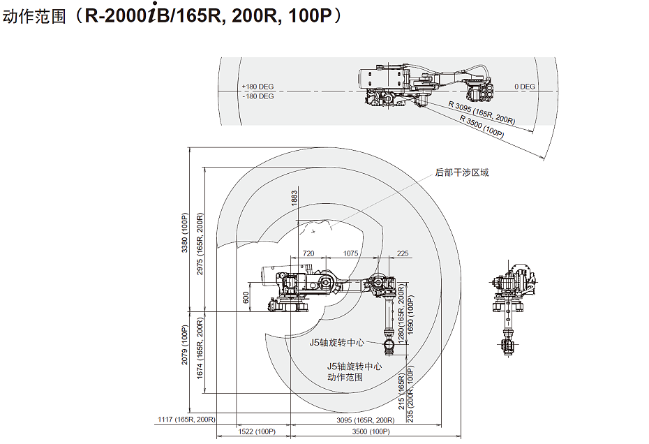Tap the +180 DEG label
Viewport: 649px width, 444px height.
[258, 87]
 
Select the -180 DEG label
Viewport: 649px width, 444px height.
[258, 96]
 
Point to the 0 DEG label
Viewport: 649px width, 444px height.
[525, 87]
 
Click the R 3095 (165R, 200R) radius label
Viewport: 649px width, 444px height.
[482, 112]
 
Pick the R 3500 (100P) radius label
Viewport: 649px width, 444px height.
[482, 126]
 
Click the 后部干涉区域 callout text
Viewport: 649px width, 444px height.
[462, 172]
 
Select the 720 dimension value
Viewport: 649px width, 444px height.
[308, 253]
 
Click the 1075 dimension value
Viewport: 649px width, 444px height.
[351, 253]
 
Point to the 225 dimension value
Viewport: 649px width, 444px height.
[403, 253]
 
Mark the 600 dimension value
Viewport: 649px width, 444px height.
[246, 297]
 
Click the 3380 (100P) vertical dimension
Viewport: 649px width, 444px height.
[186, 232]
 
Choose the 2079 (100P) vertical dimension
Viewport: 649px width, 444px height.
[186, 345]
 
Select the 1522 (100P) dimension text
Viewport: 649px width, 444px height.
[256, 432]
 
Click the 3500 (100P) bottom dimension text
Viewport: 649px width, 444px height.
[370, 432]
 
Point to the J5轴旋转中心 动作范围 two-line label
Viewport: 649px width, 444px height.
[354, 371]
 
